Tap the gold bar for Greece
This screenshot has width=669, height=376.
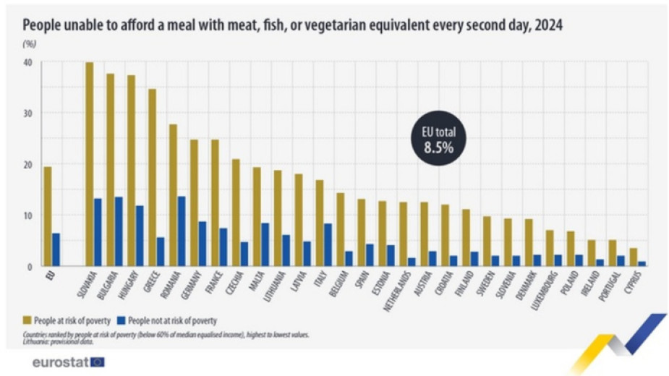point(152,178)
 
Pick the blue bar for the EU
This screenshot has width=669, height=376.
point(56,249)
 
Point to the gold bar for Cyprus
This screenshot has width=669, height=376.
point(634,257)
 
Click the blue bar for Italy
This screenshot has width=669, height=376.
point(328,245)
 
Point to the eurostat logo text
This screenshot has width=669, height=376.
point(59,362)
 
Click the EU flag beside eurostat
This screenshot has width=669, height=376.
point(97,362)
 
